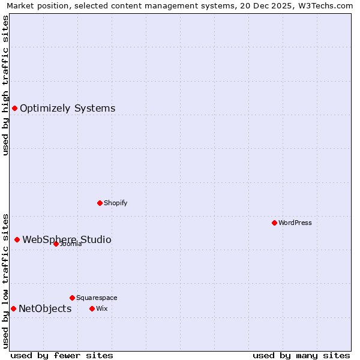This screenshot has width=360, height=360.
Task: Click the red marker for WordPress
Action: pyautogui.click(x=274, y=223)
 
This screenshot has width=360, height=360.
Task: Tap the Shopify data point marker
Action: pyautogui.click(x=100, y=203)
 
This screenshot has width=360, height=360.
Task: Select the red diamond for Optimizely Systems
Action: pyautogui.click(x=14, y=108)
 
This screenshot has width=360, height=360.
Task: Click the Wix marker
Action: pyautogui.click(x=92, y=308)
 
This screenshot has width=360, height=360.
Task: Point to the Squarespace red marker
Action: pyautogui.click(x=72, y=298)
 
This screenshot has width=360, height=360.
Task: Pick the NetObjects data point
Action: pyautogui.click(x=13, y=308)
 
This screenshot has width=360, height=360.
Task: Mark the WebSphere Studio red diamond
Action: pyautogui.click(x=17, y=239)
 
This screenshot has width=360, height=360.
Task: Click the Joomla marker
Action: pyautogui.click(x=56, y=244)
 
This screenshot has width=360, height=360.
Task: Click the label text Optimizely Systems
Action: pyautogui.click(x=67, y=109)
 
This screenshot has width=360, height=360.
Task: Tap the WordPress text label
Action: pyautogui.click(x=295, y=223)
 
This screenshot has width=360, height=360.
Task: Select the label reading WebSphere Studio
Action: pyautogui.click(x=67, y=240)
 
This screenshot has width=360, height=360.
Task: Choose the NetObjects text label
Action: pyautogui.click(x=45, y=309)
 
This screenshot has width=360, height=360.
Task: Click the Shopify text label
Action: pyautogui.click(x=115, y=203)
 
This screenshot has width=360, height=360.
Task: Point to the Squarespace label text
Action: pyautogui.click(x=97, y=298)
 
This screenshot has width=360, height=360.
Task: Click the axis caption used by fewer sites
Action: pyautogui.click(x=62, y=355)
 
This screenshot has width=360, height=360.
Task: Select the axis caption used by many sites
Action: pyautogui.click(x=301, y=355)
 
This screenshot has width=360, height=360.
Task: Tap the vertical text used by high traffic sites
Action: pyautogui.click(x=5, y=85)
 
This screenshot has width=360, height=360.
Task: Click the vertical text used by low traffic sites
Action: pyautogui.click(x=5, y=280)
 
